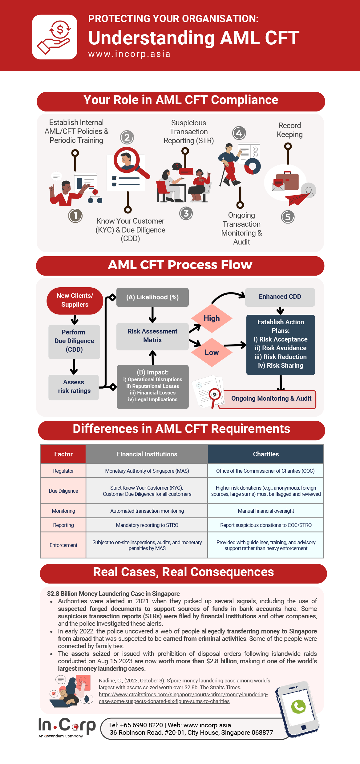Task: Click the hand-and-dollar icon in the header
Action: pyautogui.click(x=55, y=37)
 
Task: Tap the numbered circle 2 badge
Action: pyautogui.click(x=127, y=137)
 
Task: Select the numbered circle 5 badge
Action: pyautogui.click(x=288, y=217)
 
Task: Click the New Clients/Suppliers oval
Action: pyautogui.click(x=75, y=300)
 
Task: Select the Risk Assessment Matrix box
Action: pyautogui.click(x=152, y=336)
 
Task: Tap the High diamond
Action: pyautogui.click(x=212, y=318)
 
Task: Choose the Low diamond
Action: pyautogui.click(x=212, y=353)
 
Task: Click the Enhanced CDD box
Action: pyautogui.click(x=280, y=297)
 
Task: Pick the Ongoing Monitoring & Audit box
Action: pyautogui.click(x=271, y=399)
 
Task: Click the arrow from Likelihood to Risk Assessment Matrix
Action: pyautogui.click(x=152, y=315)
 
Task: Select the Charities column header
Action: pyautogui.click(x=266, y=454)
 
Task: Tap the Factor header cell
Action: pyautogui.click(x=63, y=454)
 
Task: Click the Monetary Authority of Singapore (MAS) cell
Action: pyautogui.click(x=147, y=471)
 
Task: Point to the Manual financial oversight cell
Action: pyautogui.click(x=266, y=511)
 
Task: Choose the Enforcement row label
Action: pyautogui.click(x=63, y=545)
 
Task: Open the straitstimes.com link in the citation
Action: pyautogui.click(x=183, y=698)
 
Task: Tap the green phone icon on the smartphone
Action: pyautogui.click(x=298, y=707)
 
